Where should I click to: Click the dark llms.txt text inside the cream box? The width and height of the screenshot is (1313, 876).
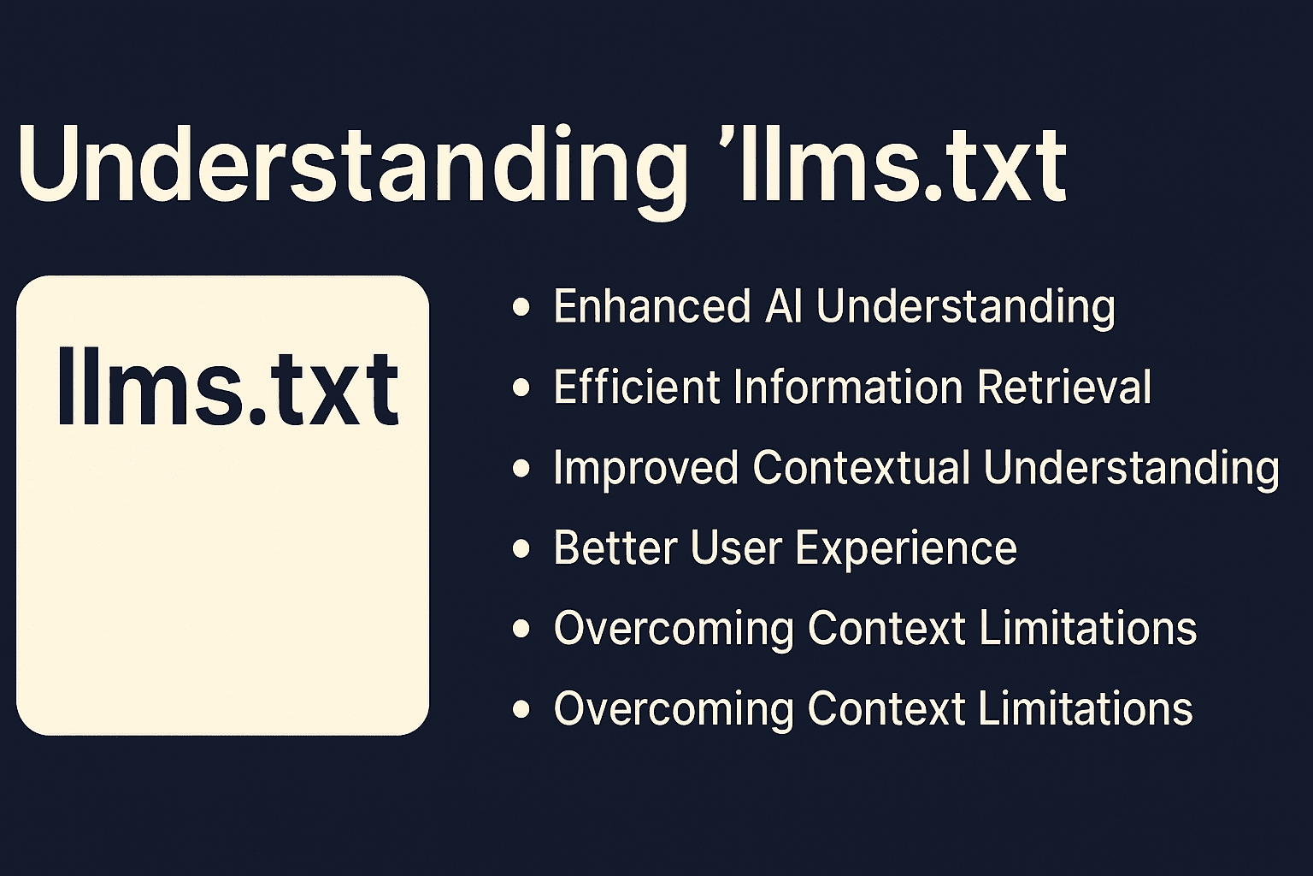point(228,385)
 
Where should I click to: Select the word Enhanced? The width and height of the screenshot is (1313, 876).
point(652,305)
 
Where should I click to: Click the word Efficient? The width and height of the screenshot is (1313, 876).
point(637,387)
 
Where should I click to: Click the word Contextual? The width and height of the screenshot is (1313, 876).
point(861,468)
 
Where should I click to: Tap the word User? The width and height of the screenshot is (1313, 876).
point(735,547)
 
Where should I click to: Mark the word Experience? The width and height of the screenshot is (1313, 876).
point(906,548)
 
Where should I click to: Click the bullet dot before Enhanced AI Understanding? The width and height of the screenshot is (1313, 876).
point(521,307)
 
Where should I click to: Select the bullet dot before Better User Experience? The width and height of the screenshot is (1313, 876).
point(521,548)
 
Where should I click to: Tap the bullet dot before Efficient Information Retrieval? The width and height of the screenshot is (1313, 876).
point(521,388)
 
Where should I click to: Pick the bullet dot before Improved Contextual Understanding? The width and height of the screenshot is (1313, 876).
point(521,468)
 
